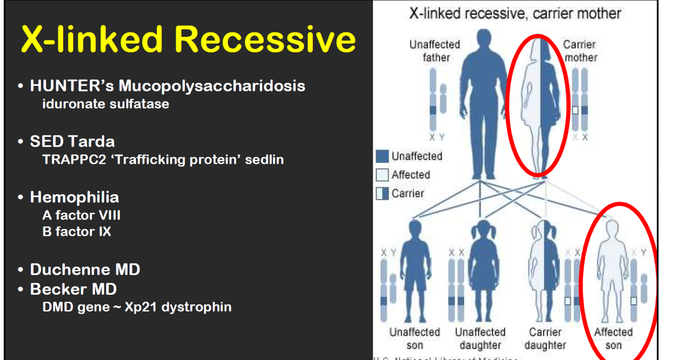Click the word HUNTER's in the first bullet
(72, 85)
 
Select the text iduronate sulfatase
(106, 104)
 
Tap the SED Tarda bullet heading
(72, 141)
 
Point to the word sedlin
(264, 160)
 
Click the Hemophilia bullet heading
(74, 197)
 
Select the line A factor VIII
(81, 215)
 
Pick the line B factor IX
(77, 232)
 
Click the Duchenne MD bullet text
(85, 269)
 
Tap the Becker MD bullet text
(73, 289)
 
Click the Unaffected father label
(435, 51)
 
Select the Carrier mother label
(580, 51)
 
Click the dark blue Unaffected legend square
(382, 156)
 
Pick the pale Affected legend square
(382, 175)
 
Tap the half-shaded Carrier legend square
(382, 193)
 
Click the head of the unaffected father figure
(484, 39)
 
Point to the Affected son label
(613, 339)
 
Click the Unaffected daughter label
(480, 339)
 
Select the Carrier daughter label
(545, 339)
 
